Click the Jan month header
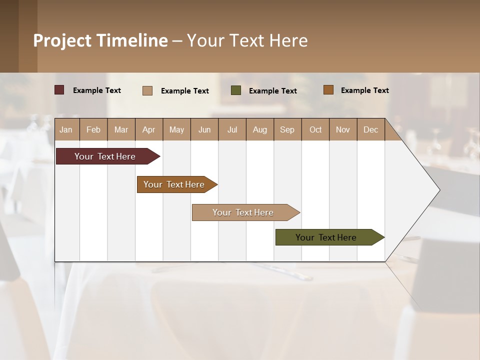click(66, 129)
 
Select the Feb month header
click(93, 129)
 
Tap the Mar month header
click(121, 129)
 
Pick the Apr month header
click(149, 129)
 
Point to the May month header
click(176, 129)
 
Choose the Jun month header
click(204, 129)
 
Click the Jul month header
click(232, 129)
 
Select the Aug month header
click(260, 129)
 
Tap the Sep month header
click(287, 129)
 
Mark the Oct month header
click(315, 129)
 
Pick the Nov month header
click(343, 129)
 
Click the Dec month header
click(371, 129)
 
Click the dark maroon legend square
click(59, 90)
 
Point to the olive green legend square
click(236, 90)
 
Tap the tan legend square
click(147, 90)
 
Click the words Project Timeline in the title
click(100, 40)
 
